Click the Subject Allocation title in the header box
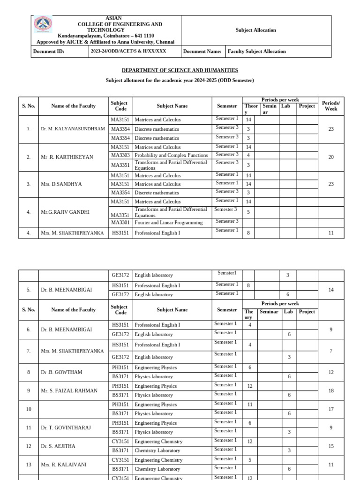point(255,30)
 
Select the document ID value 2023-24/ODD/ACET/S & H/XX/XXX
point(128,51)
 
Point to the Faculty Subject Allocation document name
point(256,52)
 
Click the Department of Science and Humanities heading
point(180,70)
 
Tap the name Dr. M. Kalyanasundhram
point(73,129)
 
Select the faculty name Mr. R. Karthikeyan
point(67,157)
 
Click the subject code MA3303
point(120,155)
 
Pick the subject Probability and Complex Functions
point(171,155)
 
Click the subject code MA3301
point(120,223)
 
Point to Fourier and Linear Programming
point(169,223)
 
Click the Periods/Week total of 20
point(330,157)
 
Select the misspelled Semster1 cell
point(227,273)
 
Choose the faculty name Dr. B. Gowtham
point(61,372)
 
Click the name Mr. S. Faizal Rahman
point(69,390)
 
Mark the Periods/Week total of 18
point(330,390)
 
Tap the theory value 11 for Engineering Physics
point(249,405)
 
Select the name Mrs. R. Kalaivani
point(64,465)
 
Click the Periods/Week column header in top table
point(330,106)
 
